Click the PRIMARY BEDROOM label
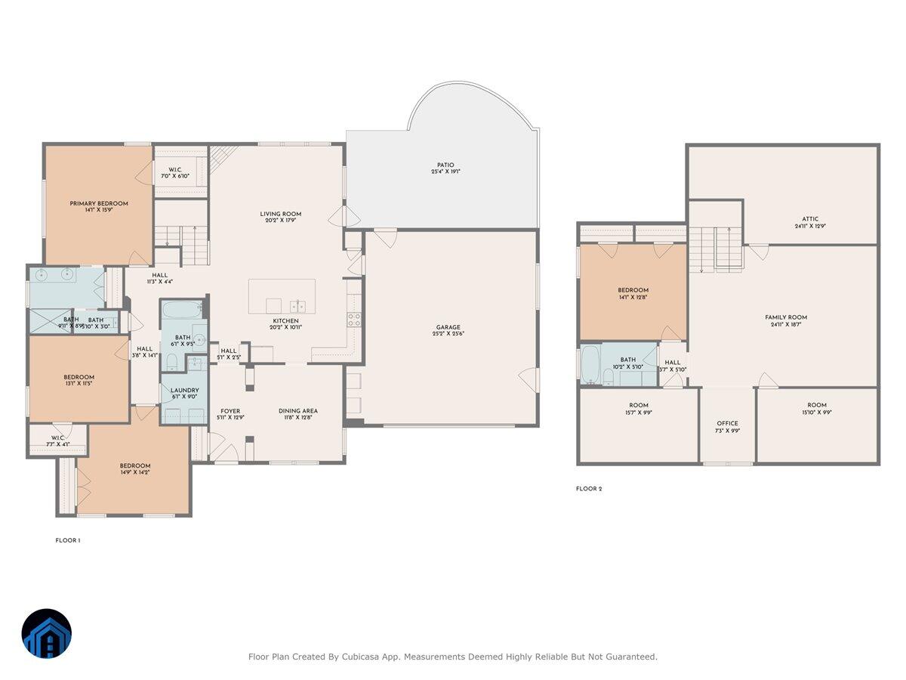[x=99, y=203]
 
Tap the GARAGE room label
[x=448, y=327]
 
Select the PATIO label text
[x=445, y=165]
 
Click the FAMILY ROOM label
[x=786, y=317]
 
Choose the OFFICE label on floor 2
[x=727, y=423]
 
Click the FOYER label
[x=230, y=411]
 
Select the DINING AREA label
[x=298, y=411]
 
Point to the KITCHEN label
[x=286, y=321]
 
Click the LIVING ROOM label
[x=281, y=214]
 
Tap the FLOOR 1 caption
[x=68, y=540]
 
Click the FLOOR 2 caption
[x=589, y=489]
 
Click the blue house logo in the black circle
[x=47, y=633]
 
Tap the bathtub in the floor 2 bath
[x=590, y=365]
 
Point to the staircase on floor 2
[x=716, y=249]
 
